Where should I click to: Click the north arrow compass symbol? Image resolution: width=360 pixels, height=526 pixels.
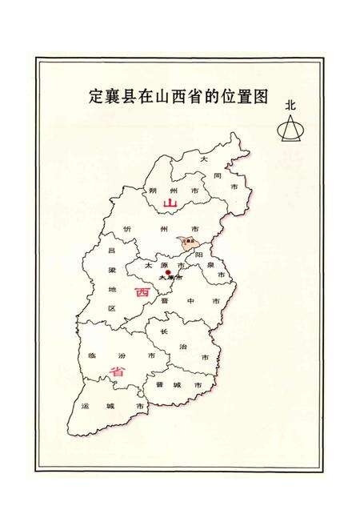(290, 127)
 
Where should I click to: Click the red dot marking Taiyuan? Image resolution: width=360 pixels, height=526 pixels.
(168, 272)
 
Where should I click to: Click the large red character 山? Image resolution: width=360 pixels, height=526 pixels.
(169, 204)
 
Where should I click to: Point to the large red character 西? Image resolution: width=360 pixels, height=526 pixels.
(142, 293)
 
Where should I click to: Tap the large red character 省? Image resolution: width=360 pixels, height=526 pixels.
(118, 371)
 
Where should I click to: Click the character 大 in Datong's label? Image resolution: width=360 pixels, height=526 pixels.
(205, 161)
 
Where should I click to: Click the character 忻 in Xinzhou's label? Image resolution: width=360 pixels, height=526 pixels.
(127, 230)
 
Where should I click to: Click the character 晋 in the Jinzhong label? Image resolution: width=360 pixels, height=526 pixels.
(163, 301)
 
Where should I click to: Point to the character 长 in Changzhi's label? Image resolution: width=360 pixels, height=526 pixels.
(163, 331)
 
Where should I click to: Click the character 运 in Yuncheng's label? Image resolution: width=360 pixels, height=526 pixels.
(86, 407)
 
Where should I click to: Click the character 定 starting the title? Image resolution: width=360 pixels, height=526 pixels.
(96, 98)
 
